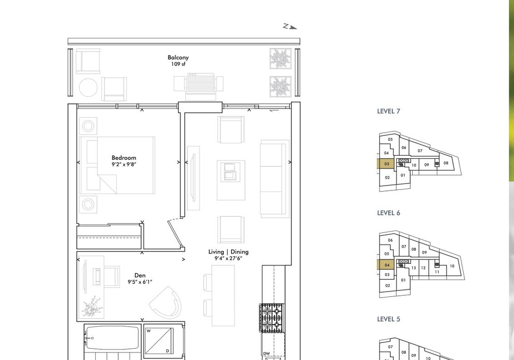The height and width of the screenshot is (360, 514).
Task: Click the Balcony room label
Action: (x=178, y=58)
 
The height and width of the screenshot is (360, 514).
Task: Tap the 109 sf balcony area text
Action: (x=178, y=64)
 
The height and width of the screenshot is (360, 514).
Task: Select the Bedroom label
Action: (x=124, y=158)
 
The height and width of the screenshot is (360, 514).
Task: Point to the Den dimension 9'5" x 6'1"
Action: (x=140, y=282)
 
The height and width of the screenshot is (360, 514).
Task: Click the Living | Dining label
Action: (x=229, y=251)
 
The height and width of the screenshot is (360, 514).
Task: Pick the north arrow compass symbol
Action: (x=290, y=27)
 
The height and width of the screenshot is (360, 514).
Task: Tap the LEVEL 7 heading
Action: (x=389, y=111)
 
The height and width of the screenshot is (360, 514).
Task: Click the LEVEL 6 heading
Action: (x=389, y=213)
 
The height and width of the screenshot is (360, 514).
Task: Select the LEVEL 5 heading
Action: (x=389, y=319)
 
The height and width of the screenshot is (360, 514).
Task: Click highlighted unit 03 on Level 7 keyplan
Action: (x=387, y=164)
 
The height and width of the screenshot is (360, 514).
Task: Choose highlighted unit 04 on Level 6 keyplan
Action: (x=387, y=265)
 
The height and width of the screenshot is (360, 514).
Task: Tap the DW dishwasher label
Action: (x=266, y=354)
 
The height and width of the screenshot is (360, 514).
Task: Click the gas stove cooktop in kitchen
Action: (x=272, y=318)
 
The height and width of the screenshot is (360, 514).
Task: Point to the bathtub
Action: (x=111, y=338)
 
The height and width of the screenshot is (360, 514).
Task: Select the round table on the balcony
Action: (x=88, y=88)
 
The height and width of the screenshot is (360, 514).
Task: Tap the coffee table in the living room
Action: (x=231, y=180)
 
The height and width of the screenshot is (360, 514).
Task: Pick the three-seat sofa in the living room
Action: (x=275, y=179)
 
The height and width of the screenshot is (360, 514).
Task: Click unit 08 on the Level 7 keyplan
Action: (x=446, y=163)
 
